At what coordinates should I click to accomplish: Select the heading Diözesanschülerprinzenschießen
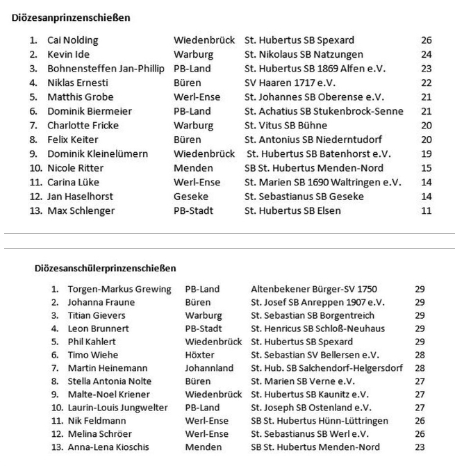click(x=105, y=267)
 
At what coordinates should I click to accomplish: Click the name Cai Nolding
click(x=73, y=40)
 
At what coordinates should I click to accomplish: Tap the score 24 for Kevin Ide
click(x=427, y=54)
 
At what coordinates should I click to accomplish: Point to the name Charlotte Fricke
click(x=83, y=126)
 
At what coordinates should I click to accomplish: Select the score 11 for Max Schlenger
click(x=427, y=210)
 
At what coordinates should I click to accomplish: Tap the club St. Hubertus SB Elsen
click(x=292, y=210)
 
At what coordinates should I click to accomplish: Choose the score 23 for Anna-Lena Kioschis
click(x=420, y=447)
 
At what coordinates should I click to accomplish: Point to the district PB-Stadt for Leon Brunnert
click(x=204, y=328)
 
